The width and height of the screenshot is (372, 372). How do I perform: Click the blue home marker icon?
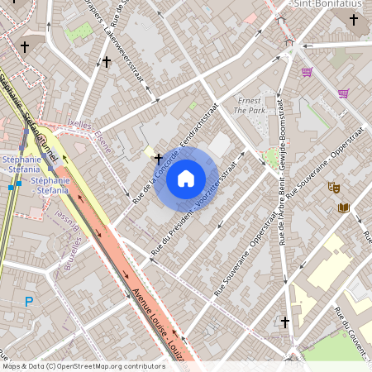point(186,177)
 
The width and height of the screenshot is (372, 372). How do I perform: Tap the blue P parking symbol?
point(30,303)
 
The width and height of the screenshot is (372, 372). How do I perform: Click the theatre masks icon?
point(333,188)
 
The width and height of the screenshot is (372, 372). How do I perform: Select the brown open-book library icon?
point(344,207)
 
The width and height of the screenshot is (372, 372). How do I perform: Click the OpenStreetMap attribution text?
point(83,365)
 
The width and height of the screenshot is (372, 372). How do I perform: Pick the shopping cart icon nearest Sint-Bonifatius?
point(307,72)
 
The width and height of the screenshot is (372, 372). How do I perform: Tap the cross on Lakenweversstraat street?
point(107,61)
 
